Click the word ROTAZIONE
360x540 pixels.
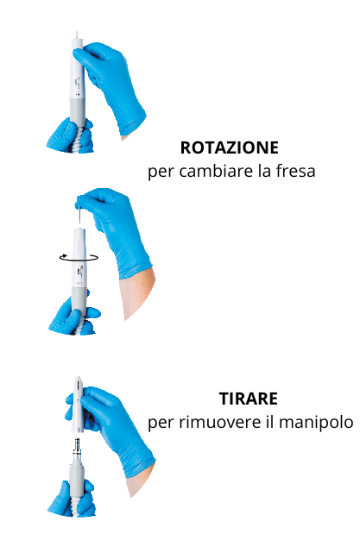point(230,148)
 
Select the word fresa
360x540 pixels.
point(295,171)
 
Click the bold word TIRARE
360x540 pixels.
point(249,399)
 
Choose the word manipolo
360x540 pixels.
point(316,423)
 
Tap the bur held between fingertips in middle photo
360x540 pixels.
point(79,216)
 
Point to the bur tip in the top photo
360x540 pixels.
point(77,35)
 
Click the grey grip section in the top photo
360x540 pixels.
point(77,110)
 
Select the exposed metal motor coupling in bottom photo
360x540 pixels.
point(77,450)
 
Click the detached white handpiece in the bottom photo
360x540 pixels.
point(78,405)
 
